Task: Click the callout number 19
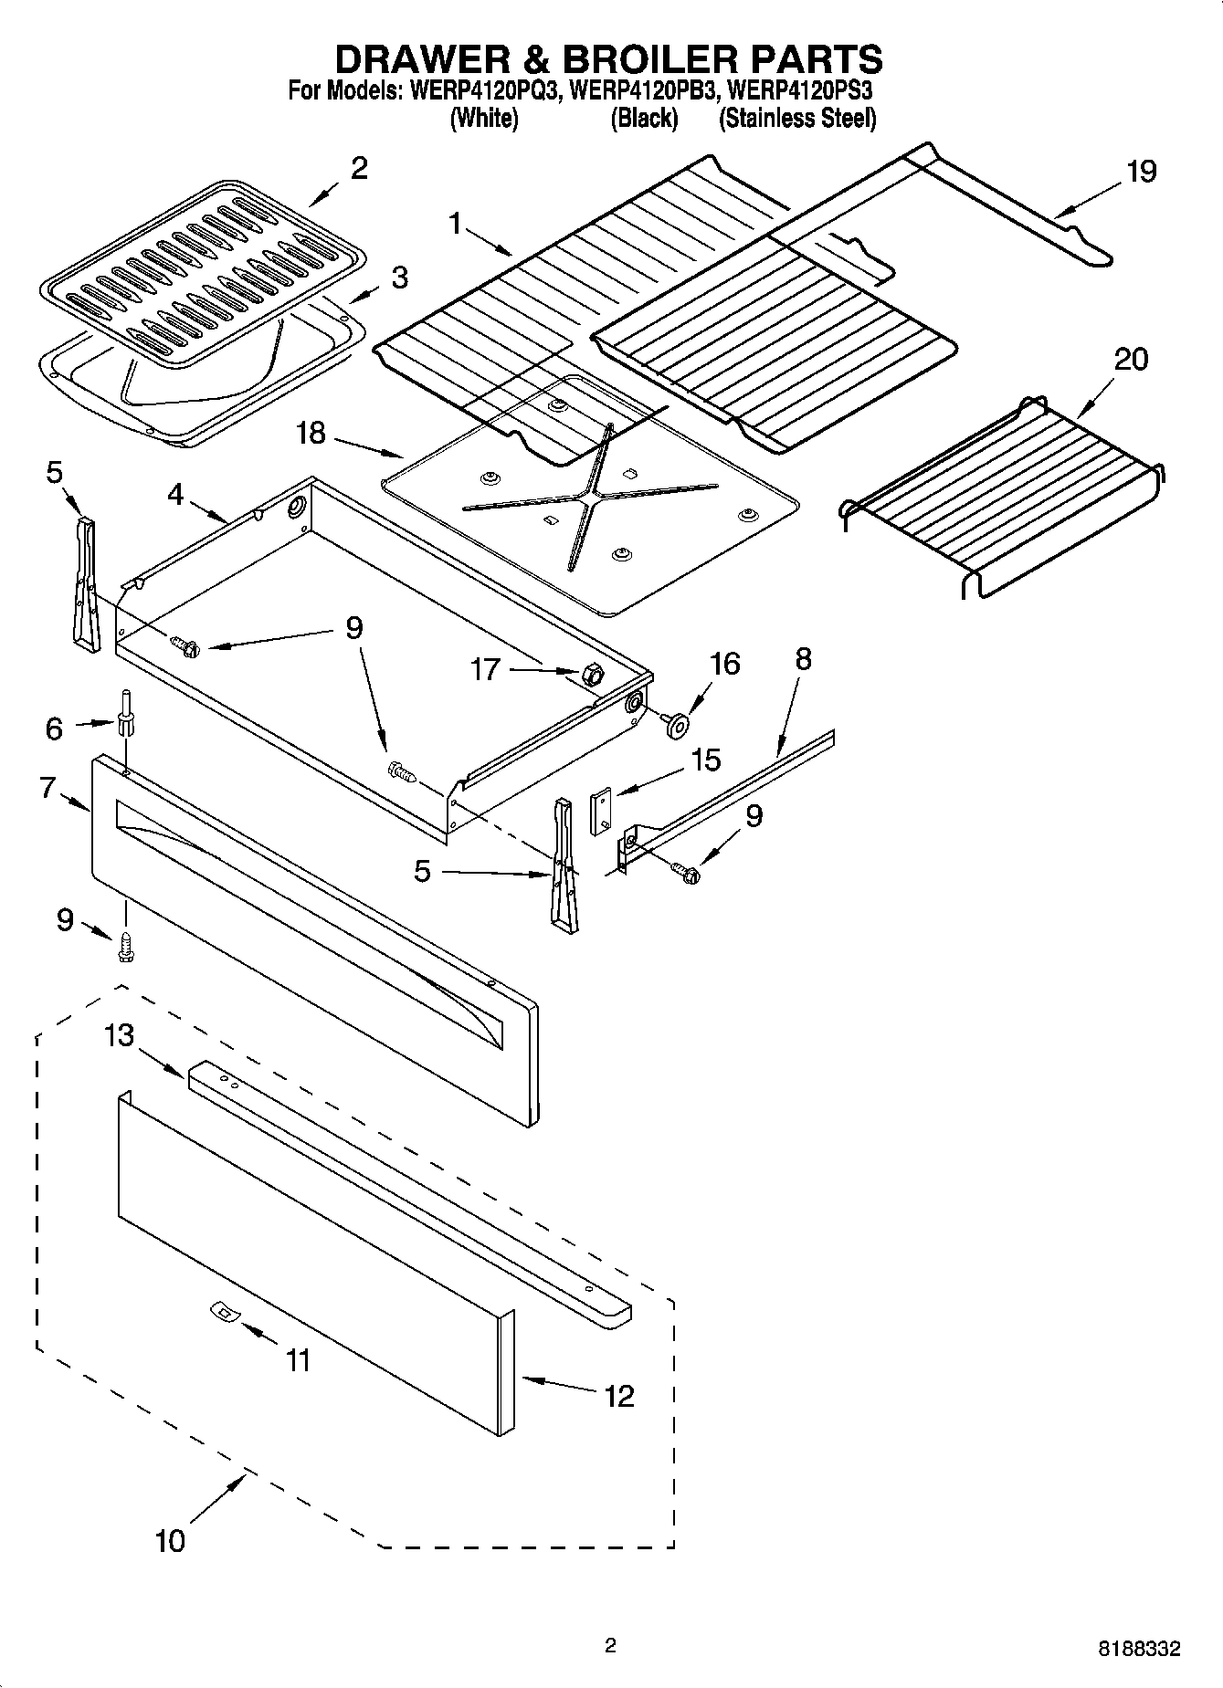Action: click(x=1141, y=172)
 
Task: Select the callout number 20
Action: click(x=1131, y=360)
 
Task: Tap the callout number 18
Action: click(x=311, y=433)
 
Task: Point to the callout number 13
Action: click(x=119, y=1035)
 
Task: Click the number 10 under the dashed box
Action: click(x=170, y=1540)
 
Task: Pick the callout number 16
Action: click(x=724, y=664)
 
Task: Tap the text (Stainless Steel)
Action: click(x=796, y=119)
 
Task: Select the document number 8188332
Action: click(x=1139, y=1649)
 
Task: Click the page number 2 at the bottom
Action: click(x=610, y=1646)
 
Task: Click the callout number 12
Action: click(x=618, y=1396)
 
